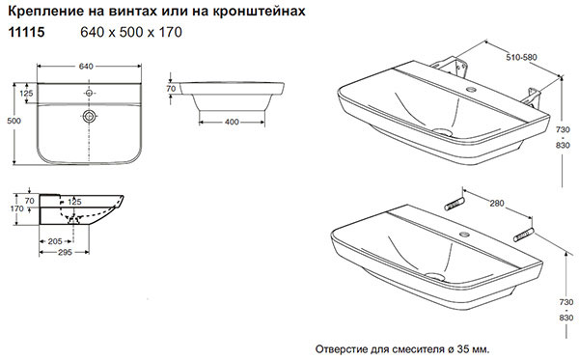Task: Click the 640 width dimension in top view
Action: pos(86,67)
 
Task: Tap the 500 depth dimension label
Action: pos(14,121)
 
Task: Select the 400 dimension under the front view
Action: pos(232,122)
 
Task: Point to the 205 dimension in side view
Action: pos(55,241)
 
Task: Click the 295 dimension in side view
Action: pos(65,253)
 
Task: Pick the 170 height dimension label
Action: pos(17,208)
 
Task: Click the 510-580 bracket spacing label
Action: pos(521,57)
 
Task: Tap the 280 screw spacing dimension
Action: pos(497,203)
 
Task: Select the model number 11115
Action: pos(26,32)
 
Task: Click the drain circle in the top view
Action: pos(89,117)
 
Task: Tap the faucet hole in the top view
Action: pos(89,93)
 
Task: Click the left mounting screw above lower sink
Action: pos(455,204)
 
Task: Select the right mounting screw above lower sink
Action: pos(523,235)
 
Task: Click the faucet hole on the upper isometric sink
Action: pos(471,89)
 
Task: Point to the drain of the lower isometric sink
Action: pos(435,276)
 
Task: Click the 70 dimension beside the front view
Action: pos(171,89)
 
